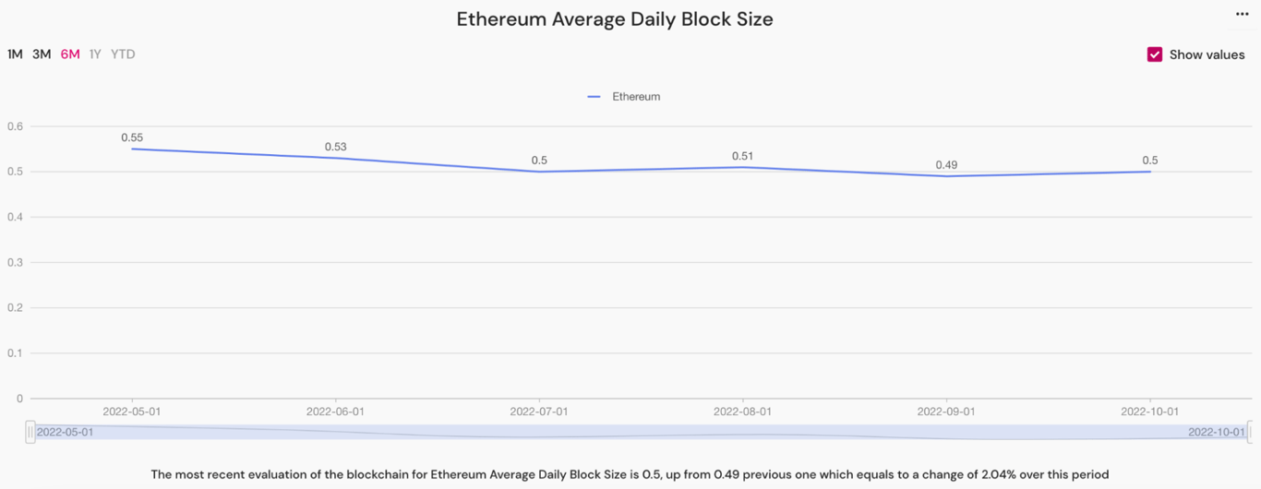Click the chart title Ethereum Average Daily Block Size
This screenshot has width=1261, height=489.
coord(614,19)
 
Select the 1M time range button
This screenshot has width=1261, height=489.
coord(15,54)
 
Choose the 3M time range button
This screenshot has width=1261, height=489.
coord(42,54)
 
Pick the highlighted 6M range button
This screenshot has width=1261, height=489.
coord(70,54)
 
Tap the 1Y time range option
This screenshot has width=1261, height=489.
coord(95,54)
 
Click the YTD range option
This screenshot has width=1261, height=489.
coord(123,54)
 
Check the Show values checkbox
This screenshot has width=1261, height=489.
coord(1155,54)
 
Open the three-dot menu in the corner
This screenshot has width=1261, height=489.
coord(1242,14)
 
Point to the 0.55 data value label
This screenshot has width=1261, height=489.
coord(132,137)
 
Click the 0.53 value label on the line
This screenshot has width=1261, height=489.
coord(335,147)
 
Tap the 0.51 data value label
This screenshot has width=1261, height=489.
coord(742,156)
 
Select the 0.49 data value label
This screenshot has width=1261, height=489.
coord(946,165)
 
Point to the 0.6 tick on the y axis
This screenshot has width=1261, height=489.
coord(15,126)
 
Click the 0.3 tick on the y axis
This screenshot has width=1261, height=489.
coord(15,262)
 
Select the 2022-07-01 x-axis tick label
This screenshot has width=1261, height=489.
coord(539,411)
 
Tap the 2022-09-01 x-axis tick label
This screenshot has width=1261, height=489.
coord(946,411)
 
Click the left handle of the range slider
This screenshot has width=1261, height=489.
coord(30,432)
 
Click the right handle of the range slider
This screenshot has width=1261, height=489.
coord(1250,432)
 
